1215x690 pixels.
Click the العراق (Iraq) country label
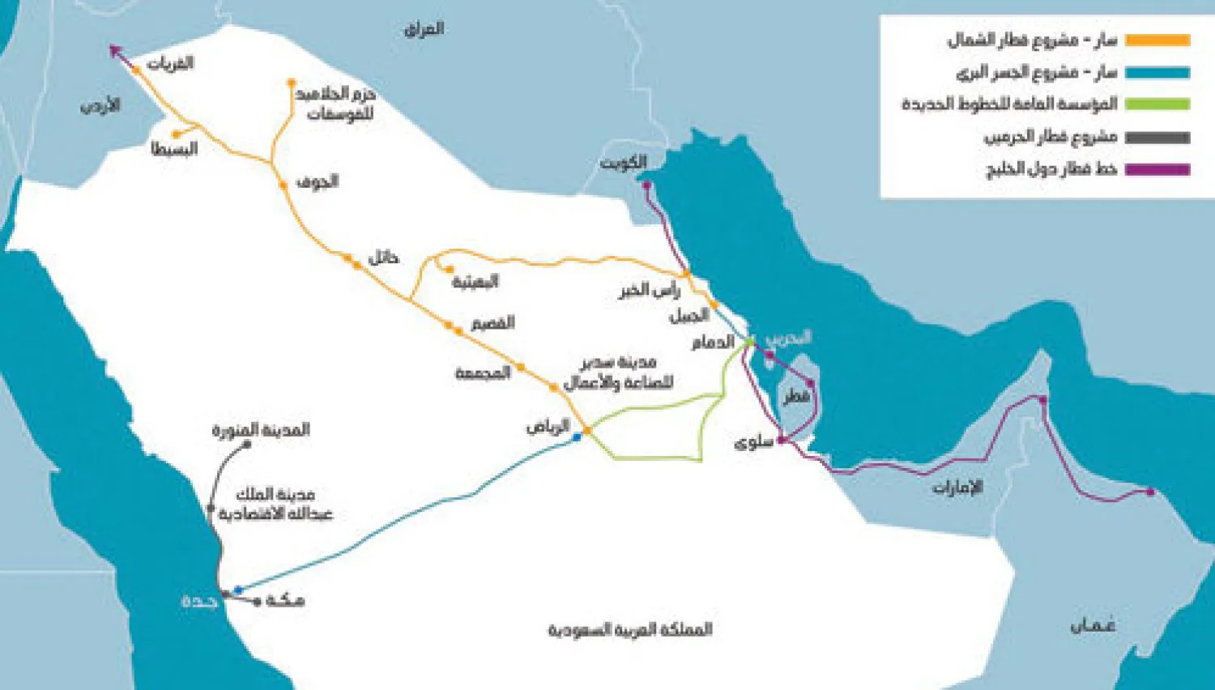(424, 29)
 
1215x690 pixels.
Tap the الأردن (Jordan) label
(100, 105)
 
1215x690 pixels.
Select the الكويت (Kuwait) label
(623, 163)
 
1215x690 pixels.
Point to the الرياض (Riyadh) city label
(548, 426)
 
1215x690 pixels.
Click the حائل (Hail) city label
(383, 258)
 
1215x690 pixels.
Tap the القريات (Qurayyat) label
(171, 62)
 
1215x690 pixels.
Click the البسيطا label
(174, 149)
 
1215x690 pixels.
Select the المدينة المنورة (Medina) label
(261, 429)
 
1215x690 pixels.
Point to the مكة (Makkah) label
(285, 600)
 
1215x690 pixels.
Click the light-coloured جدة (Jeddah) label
(199, 601)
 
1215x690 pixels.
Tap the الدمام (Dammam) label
(713, 342)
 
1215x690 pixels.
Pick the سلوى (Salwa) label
(752, 443)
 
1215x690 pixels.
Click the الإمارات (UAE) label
(957, 487)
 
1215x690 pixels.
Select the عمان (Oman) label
(1093, 625)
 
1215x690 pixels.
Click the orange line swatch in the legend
(1159, 40)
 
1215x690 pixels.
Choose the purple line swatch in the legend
(1159, 169)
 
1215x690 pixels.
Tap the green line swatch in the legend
(1159, 104)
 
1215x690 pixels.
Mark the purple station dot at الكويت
(646, 185)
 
